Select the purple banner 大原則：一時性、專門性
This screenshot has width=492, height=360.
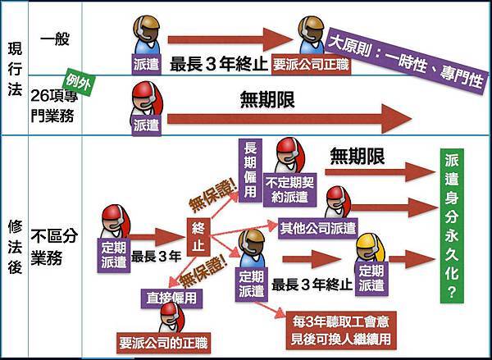405,60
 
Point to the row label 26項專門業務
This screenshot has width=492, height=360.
56,105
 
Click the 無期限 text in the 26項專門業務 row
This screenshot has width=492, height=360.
267,100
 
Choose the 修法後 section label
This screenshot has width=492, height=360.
14,245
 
